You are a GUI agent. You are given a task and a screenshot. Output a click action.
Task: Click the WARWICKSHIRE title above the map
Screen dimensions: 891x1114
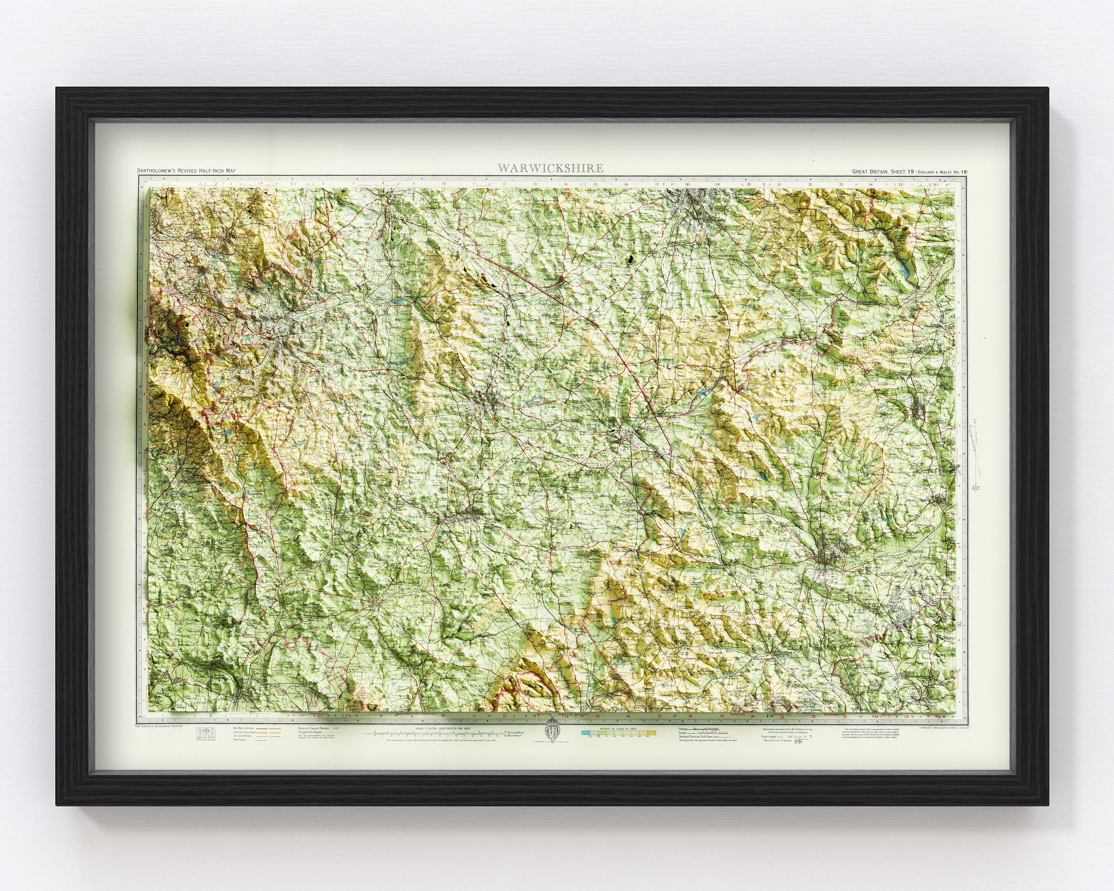(550, 168)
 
